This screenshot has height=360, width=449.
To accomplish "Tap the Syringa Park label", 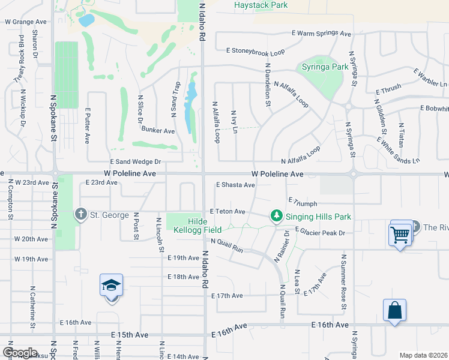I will [325, 67].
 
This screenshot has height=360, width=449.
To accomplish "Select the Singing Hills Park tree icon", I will [276, 215].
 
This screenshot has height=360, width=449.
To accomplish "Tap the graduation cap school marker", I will [112, 286].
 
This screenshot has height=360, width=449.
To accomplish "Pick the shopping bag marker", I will [394, 311].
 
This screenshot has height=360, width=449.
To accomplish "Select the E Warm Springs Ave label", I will [321, 34].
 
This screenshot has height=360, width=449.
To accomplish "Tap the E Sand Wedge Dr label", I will [136, 162].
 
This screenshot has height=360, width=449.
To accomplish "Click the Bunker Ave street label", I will [158, 130].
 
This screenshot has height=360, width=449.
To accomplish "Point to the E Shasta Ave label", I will [235, 185].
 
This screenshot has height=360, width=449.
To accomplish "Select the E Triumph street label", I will [303, 203].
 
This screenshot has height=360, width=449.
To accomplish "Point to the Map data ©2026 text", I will [424, 355].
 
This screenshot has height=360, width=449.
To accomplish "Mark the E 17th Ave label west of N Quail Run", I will [226, 296].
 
